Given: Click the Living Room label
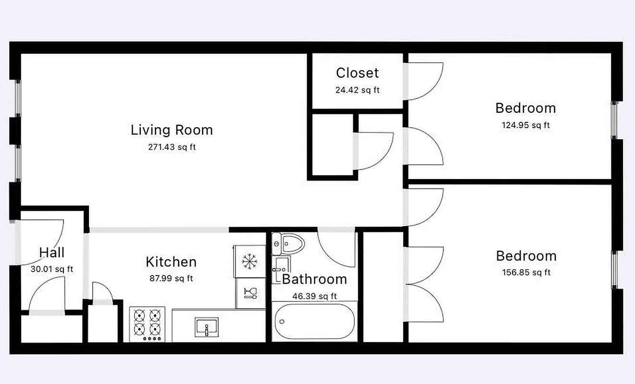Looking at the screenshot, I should (172, 130).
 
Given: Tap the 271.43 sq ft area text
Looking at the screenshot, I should (172, 147).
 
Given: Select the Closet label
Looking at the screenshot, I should (357, 73).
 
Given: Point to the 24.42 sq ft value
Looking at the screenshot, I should (357, 90).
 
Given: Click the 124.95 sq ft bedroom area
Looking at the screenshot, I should (525, 125).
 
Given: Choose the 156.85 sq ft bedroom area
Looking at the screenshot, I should (526, 273).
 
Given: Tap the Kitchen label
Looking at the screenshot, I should (171, 262).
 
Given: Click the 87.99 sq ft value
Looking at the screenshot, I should (171, 278).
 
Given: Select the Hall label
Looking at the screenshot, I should (51, 252).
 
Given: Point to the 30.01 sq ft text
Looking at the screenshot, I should (51, 269).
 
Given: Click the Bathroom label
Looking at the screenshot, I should (314, 279).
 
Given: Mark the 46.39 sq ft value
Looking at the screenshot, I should (314, 296).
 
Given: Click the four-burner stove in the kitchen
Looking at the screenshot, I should (147, 324).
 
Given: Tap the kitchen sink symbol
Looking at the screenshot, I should (207, 327).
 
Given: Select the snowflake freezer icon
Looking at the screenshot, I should (249, 261).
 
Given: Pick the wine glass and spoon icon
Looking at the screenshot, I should (250, 293).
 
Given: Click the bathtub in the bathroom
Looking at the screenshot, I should (314, 322).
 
